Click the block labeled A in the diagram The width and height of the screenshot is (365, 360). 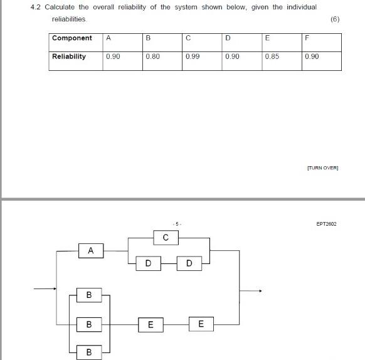coord(91,251)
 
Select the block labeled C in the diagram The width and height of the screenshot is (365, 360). coord(166,238)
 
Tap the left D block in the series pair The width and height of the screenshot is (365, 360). coord(148,263)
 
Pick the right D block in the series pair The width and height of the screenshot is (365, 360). coord(189,263)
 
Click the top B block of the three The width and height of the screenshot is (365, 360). coord(89,294)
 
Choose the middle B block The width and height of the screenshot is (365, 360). coord(89,324)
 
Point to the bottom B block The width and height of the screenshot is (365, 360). coord(89,352)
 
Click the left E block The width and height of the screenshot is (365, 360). coord(151,324)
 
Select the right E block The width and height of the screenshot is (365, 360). coord(201,324)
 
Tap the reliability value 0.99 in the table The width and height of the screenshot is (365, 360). coord(193,56)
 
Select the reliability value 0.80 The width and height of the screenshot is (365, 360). coord(152,56)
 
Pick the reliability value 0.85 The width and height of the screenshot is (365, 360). coord(272,56)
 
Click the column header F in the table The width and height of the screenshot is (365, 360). coord(307,38)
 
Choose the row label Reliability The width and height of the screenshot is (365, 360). coord(69,56)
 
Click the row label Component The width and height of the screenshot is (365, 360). coord(71,38)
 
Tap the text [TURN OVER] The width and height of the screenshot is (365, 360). coord(322,168)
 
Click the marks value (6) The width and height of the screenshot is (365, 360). coord(334,19)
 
